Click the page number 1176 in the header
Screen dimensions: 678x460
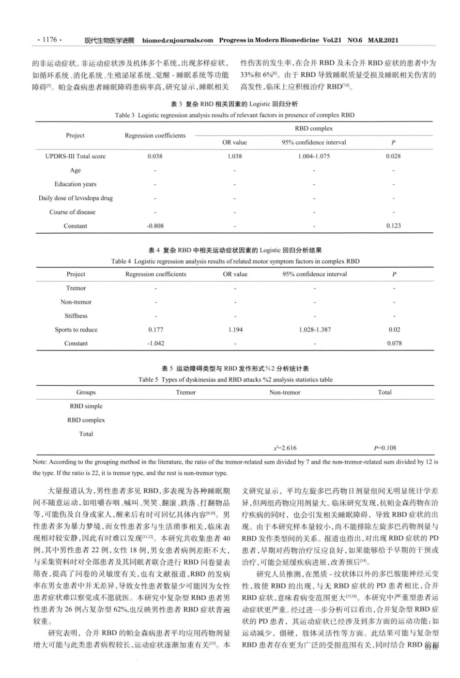pos(49,40)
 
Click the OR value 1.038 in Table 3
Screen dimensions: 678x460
pos(234,156)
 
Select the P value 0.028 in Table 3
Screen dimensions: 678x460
pos(393,156)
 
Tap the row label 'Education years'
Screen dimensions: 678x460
pos(76,184)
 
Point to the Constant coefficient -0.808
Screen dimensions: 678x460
pos(155,226)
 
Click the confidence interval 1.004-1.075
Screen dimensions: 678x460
pos(314,156)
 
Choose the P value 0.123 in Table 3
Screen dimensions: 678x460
pos(393,226)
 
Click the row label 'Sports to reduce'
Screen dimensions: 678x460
pos(76,330)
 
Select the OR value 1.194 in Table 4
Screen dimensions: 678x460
pos(235,330)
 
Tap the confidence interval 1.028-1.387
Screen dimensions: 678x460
pos(315,330)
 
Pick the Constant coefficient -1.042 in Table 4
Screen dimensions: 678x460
pos(155,343)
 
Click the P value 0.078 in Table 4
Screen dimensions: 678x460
pos(394,343)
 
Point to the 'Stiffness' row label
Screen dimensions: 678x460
pos(76,316)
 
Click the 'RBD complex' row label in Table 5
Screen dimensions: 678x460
pos(86,420)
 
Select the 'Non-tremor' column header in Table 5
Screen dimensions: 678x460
pos(285,392)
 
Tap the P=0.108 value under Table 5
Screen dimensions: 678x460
pos(385,448)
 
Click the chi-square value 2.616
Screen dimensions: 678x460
pos(285,448)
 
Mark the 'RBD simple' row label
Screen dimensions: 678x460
pos(86,406)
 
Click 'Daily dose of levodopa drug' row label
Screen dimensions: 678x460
pos(76,198)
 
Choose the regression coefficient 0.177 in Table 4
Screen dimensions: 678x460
pos(155,330)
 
